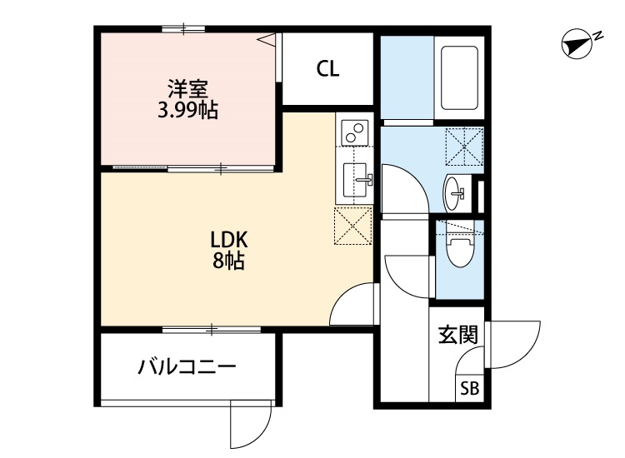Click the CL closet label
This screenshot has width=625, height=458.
point(327,69)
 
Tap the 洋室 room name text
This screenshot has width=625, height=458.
point(187,89)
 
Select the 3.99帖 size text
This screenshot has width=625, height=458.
point(187,110)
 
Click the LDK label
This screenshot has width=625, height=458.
point(229,240)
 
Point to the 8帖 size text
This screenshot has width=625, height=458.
point(228,261)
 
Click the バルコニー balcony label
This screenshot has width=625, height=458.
point(187,366)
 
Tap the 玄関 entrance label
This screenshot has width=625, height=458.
point(458,335)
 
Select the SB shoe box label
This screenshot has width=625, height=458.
point(469,388)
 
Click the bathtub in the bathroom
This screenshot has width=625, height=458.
point(459,78)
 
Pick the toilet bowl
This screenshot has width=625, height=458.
point(460,251)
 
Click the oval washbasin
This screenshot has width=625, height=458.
point(452,193)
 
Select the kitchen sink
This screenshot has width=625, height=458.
point(355,180)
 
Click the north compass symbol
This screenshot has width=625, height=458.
point(576,45)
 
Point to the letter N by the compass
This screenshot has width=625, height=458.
point(597,36)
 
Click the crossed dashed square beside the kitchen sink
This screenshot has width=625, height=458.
point(352,226)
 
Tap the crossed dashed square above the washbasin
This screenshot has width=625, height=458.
point(464,147)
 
